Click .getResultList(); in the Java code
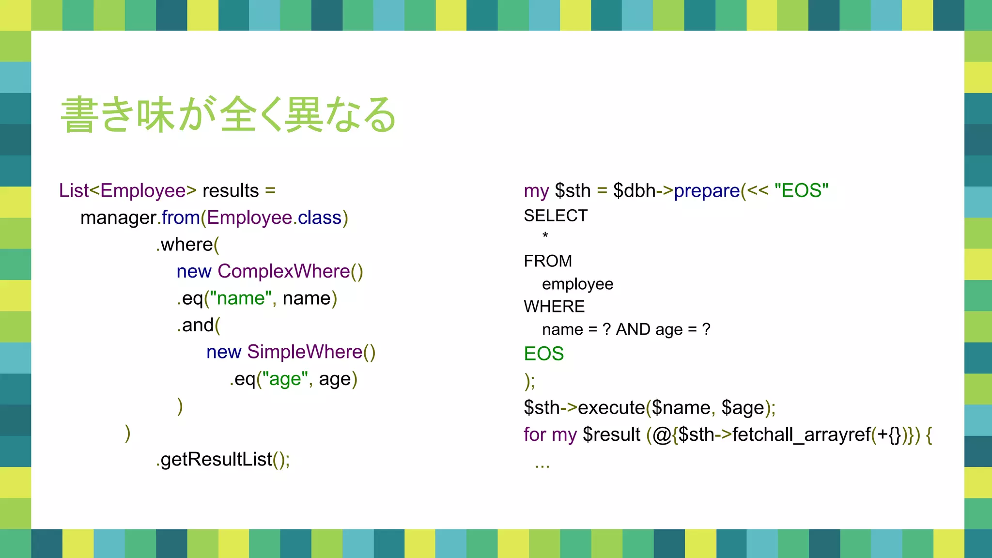coord(223,459)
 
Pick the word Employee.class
coord(274,218)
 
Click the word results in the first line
coord(231,191)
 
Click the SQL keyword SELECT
coord(556,216)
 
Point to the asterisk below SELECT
coord(545,236)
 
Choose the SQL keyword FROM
coord(548,261)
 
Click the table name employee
coord(577,284)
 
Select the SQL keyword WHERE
coord(554,307)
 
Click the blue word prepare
coord(707,191)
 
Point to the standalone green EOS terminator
coord(544,354)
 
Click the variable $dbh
coord(634,191)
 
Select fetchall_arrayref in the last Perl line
coord(801,434)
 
